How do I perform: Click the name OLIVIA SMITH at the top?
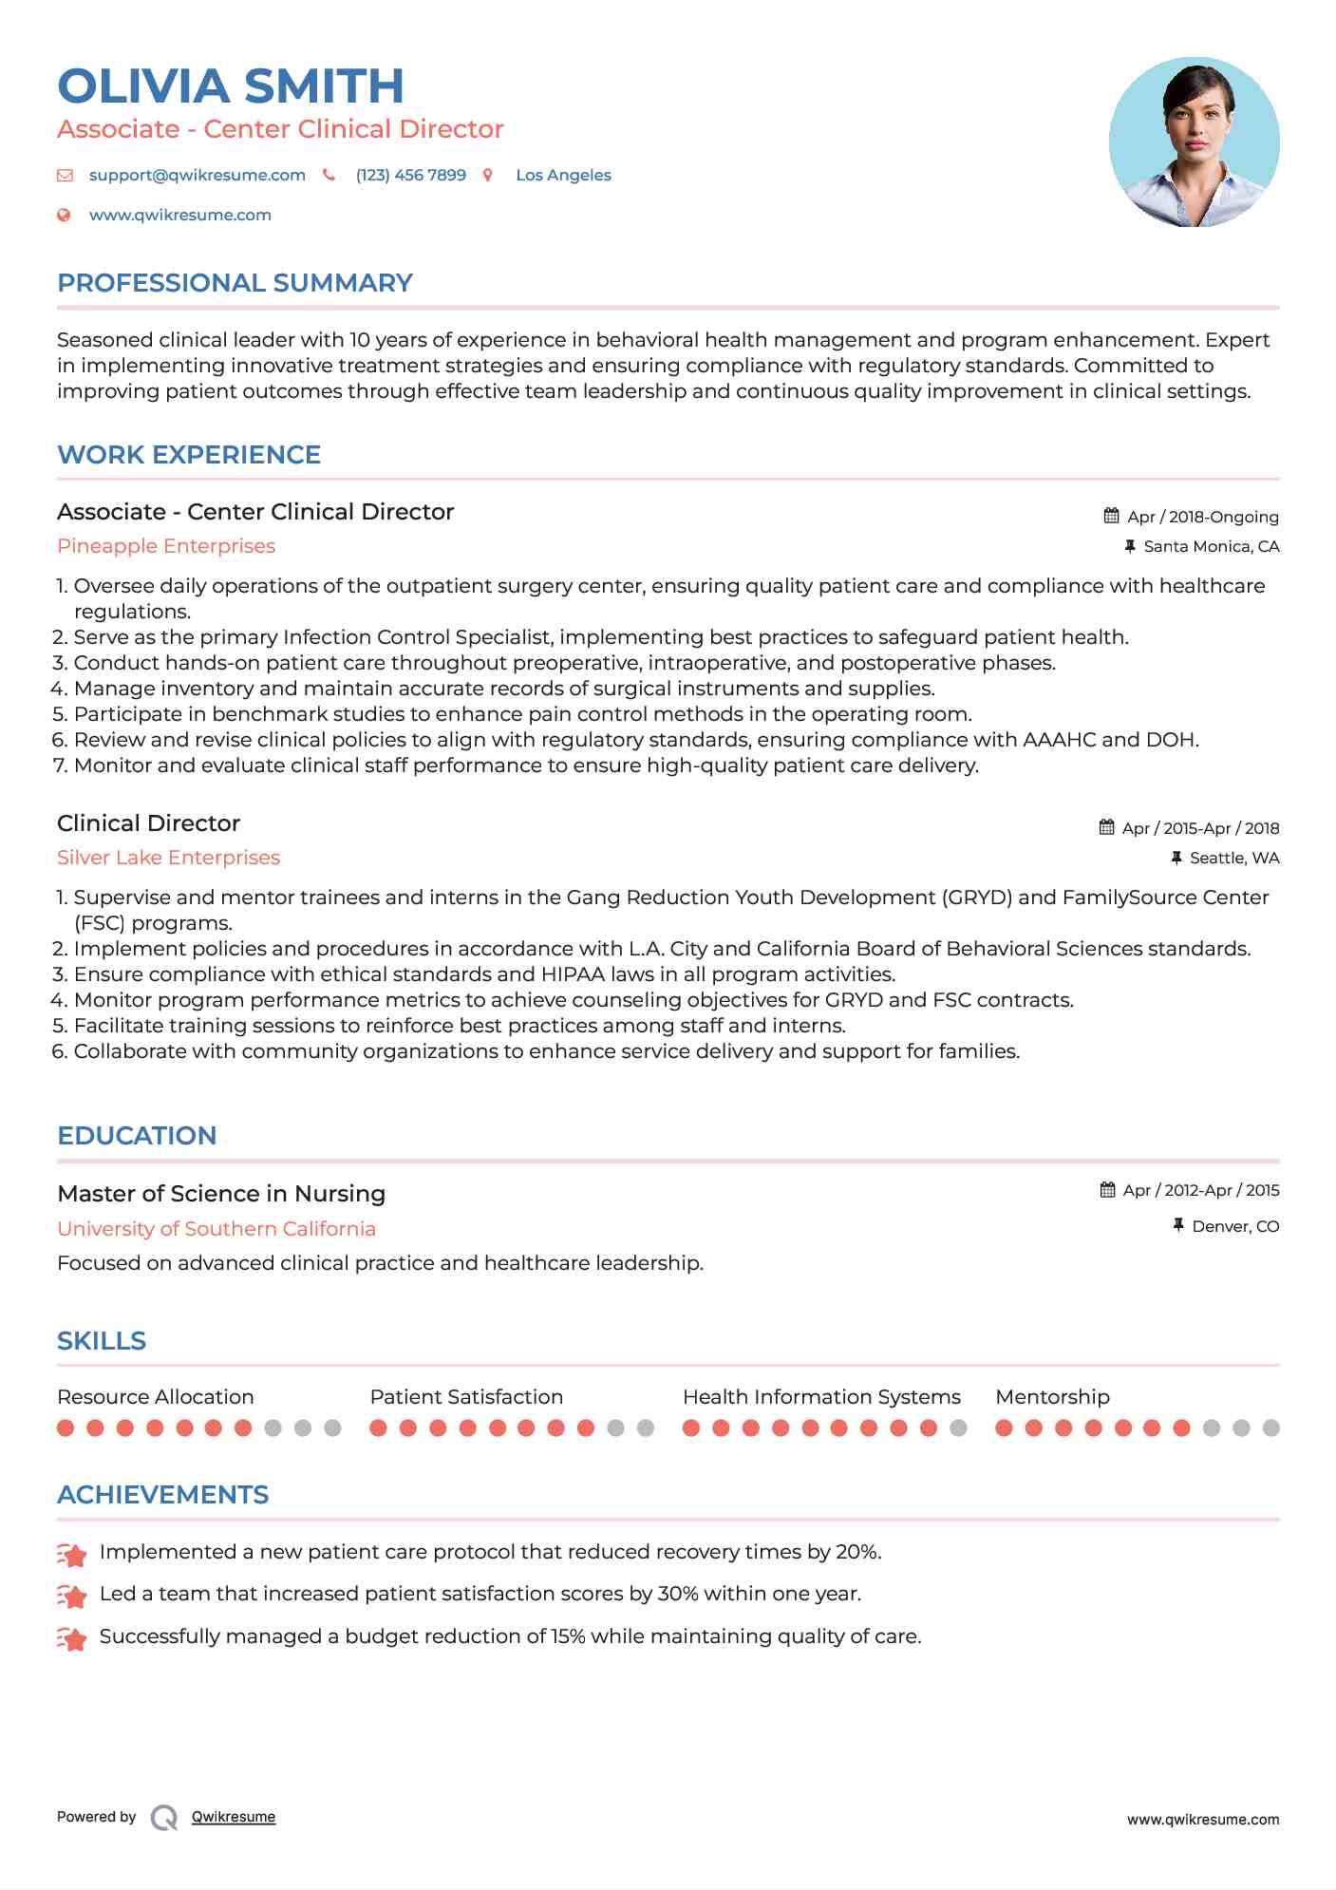231,86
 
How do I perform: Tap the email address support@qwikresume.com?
197,175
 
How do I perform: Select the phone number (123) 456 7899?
410,175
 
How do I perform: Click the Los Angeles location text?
563,175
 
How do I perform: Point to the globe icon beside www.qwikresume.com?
65,215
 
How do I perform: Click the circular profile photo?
1194,142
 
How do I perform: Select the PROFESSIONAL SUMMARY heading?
235,283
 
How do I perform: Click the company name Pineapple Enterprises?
166,546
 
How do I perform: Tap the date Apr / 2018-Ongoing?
1202,517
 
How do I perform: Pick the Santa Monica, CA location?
1211,546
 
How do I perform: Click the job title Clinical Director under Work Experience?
148,823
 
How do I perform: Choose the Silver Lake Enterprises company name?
168,858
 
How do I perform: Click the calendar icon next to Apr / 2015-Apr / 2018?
1106,827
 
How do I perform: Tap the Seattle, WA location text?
1233,858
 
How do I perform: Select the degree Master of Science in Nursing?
221,1194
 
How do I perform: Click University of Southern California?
216,1229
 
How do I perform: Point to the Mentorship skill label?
1052,1397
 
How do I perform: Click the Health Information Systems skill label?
821,1397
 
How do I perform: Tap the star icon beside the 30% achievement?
72,1597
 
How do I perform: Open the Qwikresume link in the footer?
234,1817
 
